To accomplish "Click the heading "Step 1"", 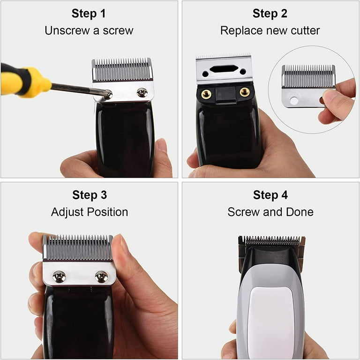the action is [89, 14].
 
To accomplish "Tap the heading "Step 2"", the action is [270, 14].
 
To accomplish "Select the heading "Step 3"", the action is [90, 195].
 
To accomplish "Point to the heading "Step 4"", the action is [270, 195].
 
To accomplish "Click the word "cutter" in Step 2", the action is [305, 30].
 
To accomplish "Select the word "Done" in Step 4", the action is [300, 212].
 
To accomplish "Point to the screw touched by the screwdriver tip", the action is [108, 94].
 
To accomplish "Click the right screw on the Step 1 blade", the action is [142, 92].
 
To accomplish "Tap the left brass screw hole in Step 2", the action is [206, 93].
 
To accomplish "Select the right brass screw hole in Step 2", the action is [245, 92].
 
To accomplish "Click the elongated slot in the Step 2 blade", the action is [224, 68].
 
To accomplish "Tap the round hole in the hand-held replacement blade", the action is [293, 101].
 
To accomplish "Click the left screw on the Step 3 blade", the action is [59, 277].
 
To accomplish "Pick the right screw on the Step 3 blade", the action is [101, 277].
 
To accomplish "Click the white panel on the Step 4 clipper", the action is [271, 322].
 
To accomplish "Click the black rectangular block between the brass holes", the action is [225, 94].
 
